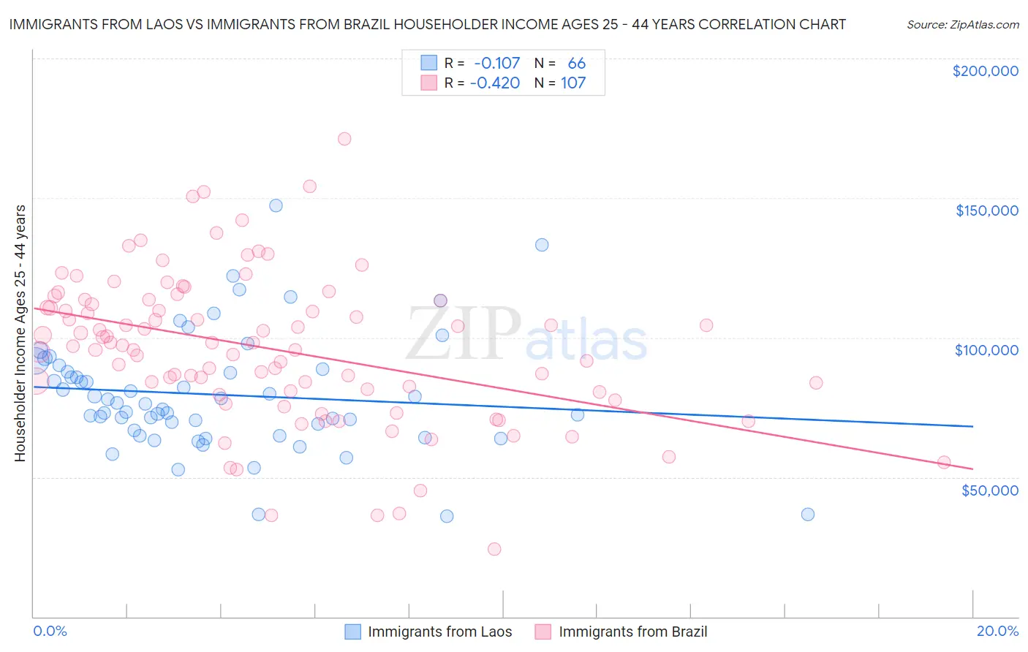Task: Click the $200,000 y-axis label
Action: click(985, 71)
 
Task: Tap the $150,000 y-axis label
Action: click(986, 211)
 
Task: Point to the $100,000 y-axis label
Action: click(986, 350)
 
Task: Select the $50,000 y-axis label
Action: click(989, 490)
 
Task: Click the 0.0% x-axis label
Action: click(50, 631)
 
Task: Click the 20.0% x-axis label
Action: click(997, 631)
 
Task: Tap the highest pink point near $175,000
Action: click(344, 139)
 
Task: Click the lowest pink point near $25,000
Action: click(494, 549)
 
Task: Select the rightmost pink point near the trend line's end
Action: click(944, 462)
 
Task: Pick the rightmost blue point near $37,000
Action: click(808, 515)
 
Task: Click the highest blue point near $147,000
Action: click(276, 205)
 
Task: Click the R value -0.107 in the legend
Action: click(497, 64)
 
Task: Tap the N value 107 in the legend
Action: click(573, 83)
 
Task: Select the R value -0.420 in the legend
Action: click(495, 83)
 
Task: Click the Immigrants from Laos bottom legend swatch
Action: click(352, 632)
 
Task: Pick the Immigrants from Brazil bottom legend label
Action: click(632, 632)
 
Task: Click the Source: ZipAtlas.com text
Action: click(962, 24)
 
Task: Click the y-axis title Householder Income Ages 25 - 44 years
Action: click(20, 333)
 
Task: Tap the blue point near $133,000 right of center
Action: click(542, 245)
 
